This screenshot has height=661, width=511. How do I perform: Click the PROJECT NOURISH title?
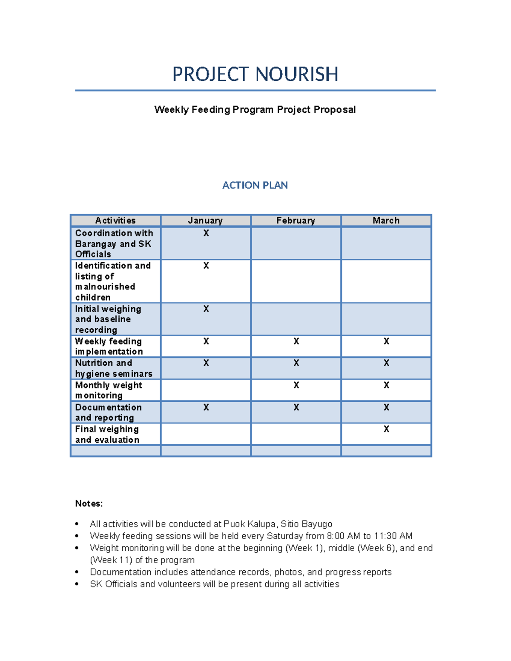pyautogui.click(x=255, y=74)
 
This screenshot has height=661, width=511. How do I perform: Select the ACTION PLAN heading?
pyautogui.click(x=255, y=185)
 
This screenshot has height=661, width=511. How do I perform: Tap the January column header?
pyautogui.click(x=205, y=220)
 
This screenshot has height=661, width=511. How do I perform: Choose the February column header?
pyautogui.click(x=296, y=220)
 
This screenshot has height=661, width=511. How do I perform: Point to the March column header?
pyautogui.click(x=386, y=220)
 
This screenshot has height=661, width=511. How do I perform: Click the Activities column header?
pyautogui.click(x=115, y=220)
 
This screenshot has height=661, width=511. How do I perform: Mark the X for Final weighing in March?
pyautogui.click(x=386, y=429)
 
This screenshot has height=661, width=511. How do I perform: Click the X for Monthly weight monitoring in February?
pyautogui.click(x=296, y=385)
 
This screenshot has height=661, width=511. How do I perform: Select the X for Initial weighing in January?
pyautogui.click(x=206, y=309)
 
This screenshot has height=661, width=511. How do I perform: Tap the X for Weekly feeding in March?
pyautogui.click(x=386, y=341)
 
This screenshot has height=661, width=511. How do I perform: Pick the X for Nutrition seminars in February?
pyautogui.click(x=296, y=363)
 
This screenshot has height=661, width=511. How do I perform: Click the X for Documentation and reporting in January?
pyautogui.click(x=206, y=407)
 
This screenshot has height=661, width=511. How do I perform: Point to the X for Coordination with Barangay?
pyautogui.click(x=206, y=233)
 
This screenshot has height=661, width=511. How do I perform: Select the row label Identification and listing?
pyautogui.click(x=113, y=281)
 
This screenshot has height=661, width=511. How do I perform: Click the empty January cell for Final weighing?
pyautogui.click(x=206, y=434)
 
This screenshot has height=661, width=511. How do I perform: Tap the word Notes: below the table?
pyautogui.click(x=89, y=504)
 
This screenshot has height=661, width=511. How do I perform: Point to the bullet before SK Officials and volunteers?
pyautogui.click(x=77, y=584)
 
